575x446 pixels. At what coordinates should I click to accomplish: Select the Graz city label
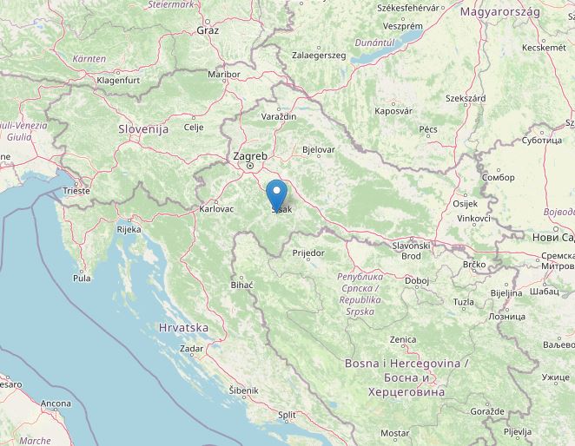point(208,30)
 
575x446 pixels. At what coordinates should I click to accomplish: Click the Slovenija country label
point(142,128)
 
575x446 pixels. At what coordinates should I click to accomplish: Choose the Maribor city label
point(223,75)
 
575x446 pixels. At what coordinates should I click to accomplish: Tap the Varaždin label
point(279,116)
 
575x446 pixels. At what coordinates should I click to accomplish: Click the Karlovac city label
point(216,209)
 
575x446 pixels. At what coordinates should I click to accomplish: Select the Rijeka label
point(129,230)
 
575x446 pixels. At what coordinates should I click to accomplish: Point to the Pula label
point(82,279)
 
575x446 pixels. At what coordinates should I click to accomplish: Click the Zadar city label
point(191,348)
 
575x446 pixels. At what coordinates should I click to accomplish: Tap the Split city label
point(287,416)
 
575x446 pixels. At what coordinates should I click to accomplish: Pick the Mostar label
point(394,432)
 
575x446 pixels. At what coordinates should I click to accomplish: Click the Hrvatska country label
point(184,328)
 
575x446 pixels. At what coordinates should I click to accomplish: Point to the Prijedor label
point(308,253)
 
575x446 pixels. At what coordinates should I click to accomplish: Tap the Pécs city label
point(427,129)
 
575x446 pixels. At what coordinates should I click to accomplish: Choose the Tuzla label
point(463,302)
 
